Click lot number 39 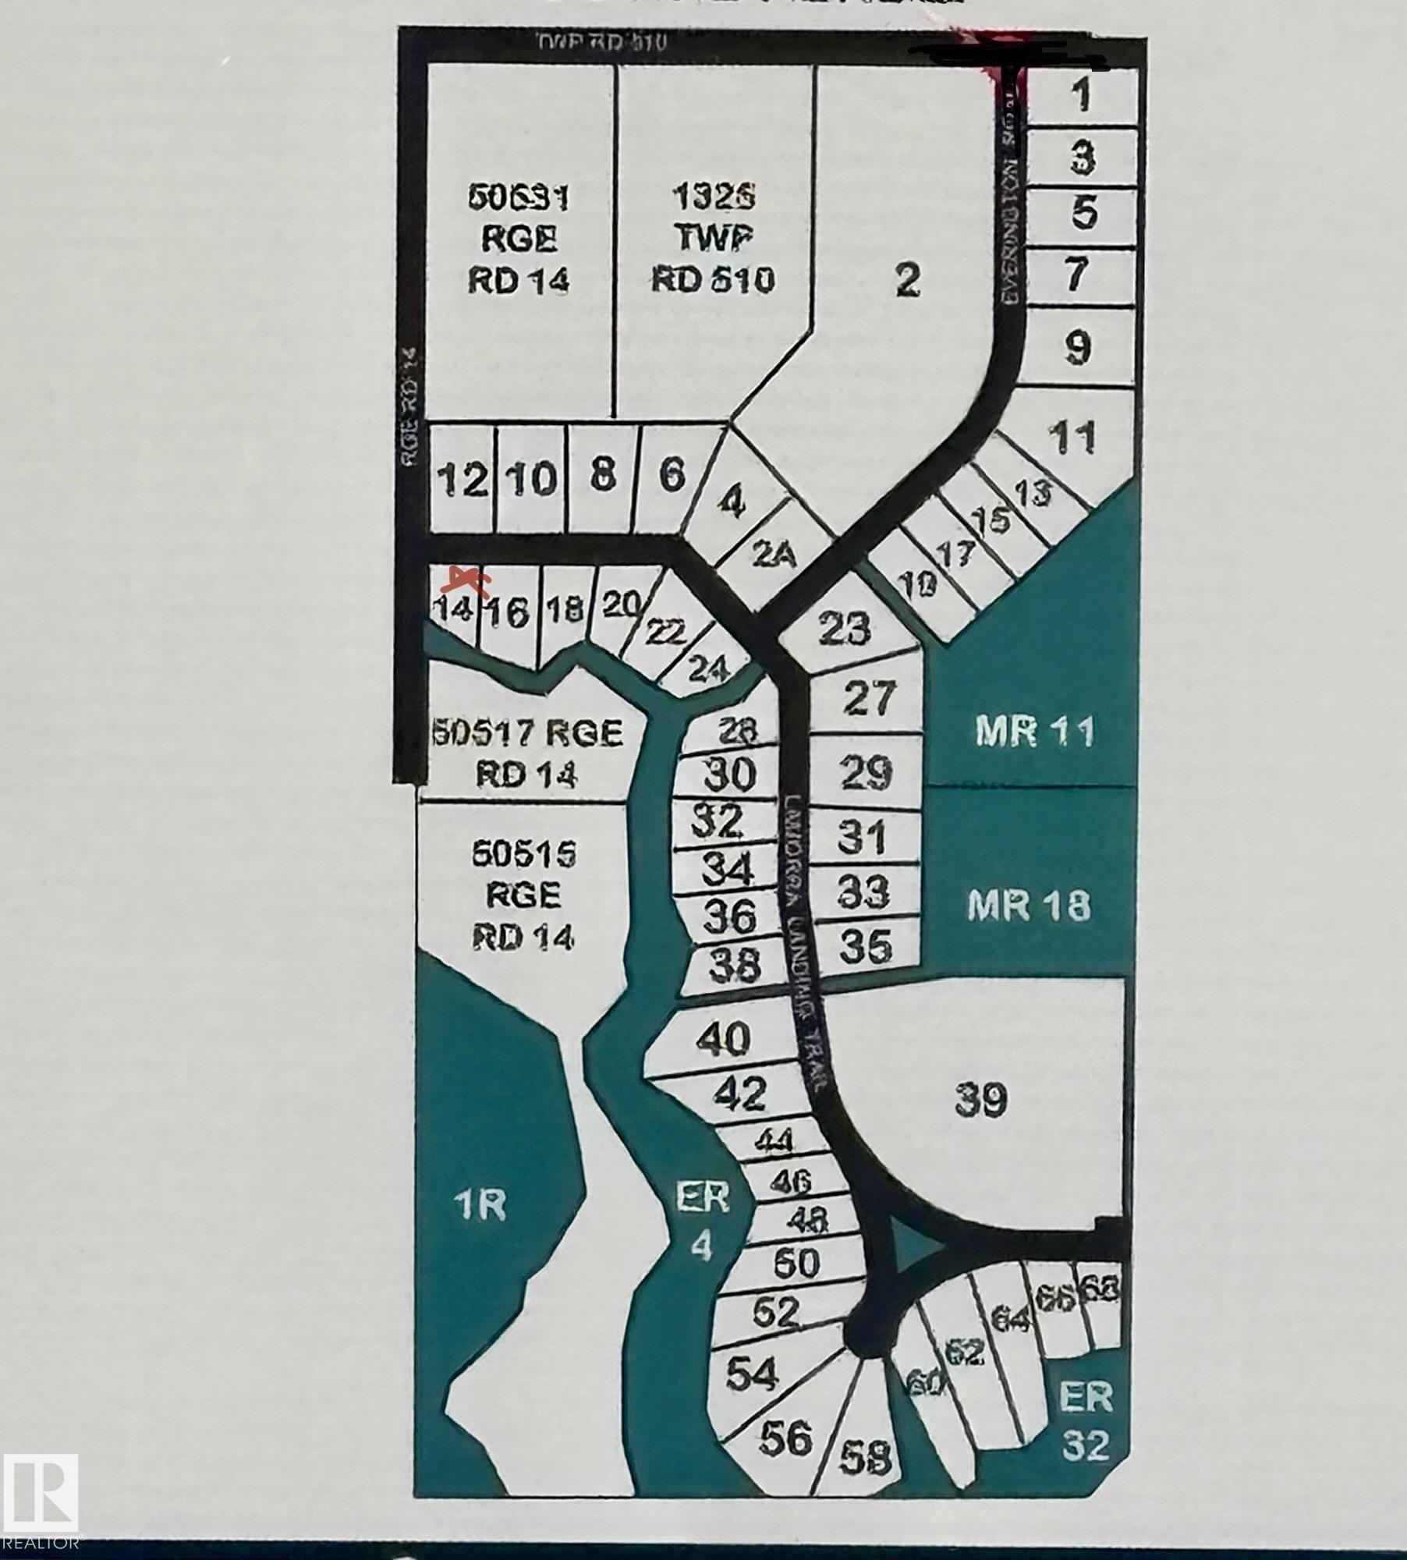tap(980, 1101)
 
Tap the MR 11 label tap(1034, 732)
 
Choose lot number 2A tap(774, 555)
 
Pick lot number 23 tap(845, 628)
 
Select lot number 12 tap(463, 479)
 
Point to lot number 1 tap(1080, 95)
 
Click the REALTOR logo tap(41, 1491)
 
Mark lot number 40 tap(723, 1039)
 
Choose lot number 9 tap(1077, 347)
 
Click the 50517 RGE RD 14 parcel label tap(527, 753)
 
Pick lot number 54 tap(751, 1374)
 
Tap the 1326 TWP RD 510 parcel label tap(714, 238)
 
